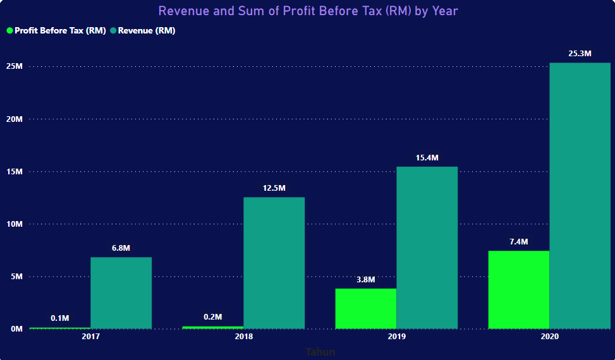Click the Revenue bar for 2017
pyautogui.click(x=121, y=292)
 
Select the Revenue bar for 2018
pyautogui.click(x=274, y=263)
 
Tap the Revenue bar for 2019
pyautogui.click(x=427, y=248)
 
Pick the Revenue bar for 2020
pyautogui.click(x=580, y=196)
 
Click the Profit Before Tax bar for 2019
pyautogui.click(x=365, y=308)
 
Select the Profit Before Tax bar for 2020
pyautogui.click(x=518, y=289)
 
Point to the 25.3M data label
pyautogui.click(x=580, y=54)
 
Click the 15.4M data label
pyautogui.click(x=427, y=158)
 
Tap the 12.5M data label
pyautogui.click(x=274, y=188)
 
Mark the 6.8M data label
pyautogui.click(x=121, y=248)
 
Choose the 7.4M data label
pyautogui.click(x=518, y=242)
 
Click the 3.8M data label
pyautogui.click(x=365, y=279)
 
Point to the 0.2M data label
pyautogui.click(x=213, y=317)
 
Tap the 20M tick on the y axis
pyautogui.click(x=15, y=119)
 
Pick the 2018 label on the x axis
pyautogui.click(x=243, y=337)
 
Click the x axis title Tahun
pyautogui.click(x=320, y=352)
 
